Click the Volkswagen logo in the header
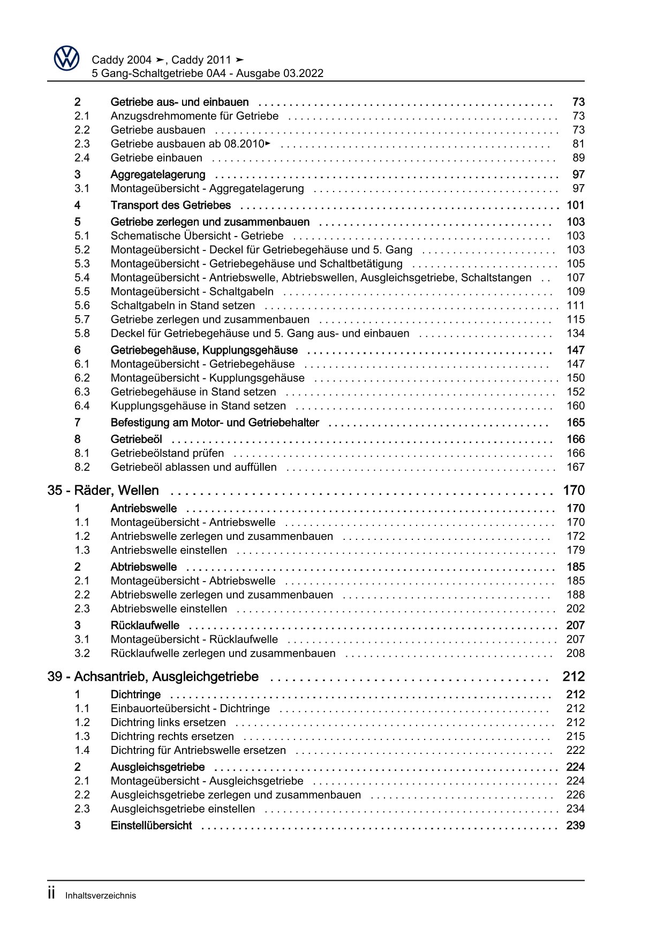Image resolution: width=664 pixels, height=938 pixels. (66, 58)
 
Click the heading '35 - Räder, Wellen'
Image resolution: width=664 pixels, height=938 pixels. (103, 490)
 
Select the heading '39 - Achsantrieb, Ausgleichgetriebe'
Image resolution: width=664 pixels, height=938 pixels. (153, 676)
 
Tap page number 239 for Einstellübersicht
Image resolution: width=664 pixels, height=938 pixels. (575, 825)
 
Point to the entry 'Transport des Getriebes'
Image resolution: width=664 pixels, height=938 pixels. (170, 205)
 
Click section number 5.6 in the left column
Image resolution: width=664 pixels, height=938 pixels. (82, 305)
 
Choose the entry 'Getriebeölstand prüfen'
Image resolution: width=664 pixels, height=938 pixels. (167, 453)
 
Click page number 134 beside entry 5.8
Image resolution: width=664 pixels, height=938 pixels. (575, 333)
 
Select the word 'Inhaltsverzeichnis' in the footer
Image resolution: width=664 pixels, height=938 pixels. (101, 895)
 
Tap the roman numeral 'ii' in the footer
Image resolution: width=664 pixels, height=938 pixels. (51, 894)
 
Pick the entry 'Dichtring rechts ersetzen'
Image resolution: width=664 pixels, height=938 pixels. (172, 736)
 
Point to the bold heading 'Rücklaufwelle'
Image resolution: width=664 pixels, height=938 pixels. (145, 625)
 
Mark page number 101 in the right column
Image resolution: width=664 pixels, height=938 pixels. (575, 205)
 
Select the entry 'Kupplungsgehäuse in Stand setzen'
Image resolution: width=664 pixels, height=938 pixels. (198, 406)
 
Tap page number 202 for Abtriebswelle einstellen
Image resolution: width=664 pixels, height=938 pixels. (575, 608)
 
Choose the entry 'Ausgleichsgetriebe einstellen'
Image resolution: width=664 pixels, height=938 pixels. (183, 809)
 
